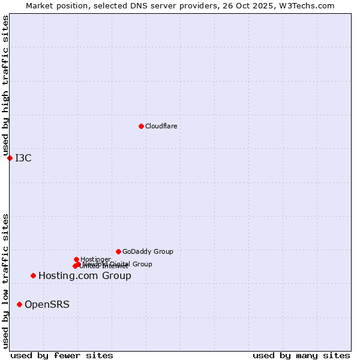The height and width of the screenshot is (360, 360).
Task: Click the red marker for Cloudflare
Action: [x=141, y=126]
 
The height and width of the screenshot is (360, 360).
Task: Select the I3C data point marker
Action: [x=10, y=158]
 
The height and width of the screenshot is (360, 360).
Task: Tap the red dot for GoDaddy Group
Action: [x=118, y=251]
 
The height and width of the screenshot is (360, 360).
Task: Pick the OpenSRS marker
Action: [x=19, y=305]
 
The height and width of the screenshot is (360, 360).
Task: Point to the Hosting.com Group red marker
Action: [x=33, y=276]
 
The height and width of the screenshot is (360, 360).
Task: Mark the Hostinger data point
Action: [x=76, y=259]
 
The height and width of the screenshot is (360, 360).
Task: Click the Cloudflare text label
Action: [x=161, y=126]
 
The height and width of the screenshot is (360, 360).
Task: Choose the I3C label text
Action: [x=23, y=158]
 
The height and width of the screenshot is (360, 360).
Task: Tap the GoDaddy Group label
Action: [x=148, y=251]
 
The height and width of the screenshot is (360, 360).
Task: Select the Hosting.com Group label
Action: [x=85, y=276]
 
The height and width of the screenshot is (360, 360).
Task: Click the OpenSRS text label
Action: [x=47, y=305]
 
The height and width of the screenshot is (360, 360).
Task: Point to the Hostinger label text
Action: [x=95, y=259]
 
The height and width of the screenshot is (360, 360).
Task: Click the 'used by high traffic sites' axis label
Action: [x=5, y=86]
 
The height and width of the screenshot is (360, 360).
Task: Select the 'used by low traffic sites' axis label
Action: [x=5, y=281]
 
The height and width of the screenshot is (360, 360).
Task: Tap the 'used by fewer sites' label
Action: [x=62, y=355]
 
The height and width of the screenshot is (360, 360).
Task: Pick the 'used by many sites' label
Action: [x=301, y=355]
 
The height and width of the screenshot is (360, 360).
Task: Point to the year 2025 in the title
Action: [x=268, y=5]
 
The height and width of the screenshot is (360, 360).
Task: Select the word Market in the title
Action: [x=39, y=5]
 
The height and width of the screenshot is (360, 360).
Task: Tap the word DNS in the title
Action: [x=140, y=5]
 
